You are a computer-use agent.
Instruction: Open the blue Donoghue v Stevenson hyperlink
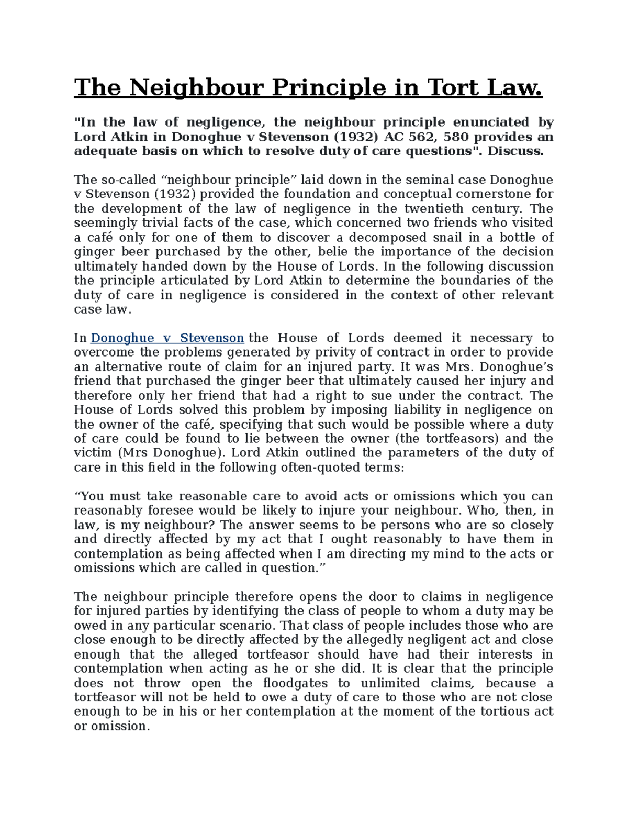coord(167,338)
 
